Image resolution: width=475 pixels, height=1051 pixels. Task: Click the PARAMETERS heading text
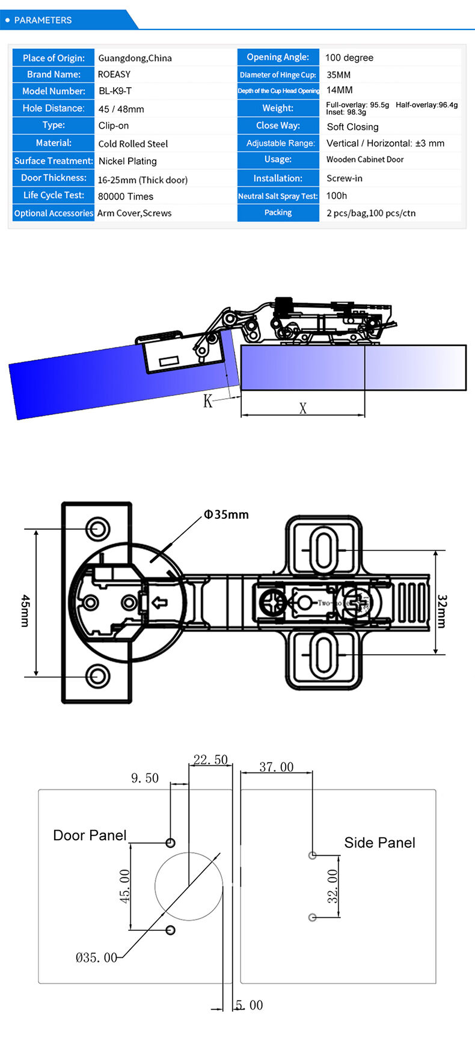click(x=43, y=20)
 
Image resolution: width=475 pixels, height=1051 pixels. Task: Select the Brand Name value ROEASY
click(x=114, y=74)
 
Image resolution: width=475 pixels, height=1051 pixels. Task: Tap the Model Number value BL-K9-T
click(x=115, y=91)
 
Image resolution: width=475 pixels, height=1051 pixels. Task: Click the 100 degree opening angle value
click(x=349, y=58)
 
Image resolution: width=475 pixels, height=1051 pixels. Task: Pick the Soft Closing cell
click(x=352, y=127)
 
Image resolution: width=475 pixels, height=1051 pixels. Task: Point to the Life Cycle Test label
click(x=54, y=195)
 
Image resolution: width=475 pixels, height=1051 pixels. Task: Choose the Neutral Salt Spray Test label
click(x=278, y=196)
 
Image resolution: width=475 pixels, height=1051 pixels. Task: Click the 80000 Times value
click(x=126, y=196)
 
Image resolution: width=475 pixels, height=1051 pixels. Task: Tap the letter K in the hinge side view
click(x=207, y=401)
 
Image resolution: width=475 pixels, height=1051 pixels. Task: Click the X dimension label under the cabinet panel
click(x=303, y=408)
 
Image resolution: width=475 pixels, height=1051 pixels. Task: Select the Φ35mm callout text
click(x=226, y=515)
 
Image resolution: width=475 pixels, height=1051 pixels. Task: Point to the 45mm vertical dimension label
click(x=25, y=610)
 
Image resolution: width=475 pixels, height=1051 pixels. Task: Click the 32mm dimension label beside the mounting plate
click(x=442, y=611)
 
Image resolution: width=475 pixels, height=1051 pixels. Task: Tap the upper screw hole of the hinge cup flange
click(x=97, y=529)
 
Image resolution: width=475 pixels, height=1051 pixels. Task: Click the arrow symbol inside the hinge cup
click(x=159, y=602)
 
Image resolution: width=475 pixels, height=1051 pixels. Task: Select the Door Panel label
click(x=90, y=835)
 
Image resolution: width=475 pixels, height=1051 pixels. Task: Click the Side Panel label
click(x=379, y=843)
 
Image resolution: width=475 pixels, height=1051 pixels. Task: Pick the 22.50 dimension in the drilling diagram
click(x=210, y=760)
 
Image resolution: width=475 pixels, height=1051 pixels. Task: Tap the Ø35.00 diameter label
click(x=96, y=957)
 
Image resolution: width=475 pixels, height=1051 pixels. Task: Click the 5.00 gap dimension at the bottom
click(x=249, y=1005)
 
